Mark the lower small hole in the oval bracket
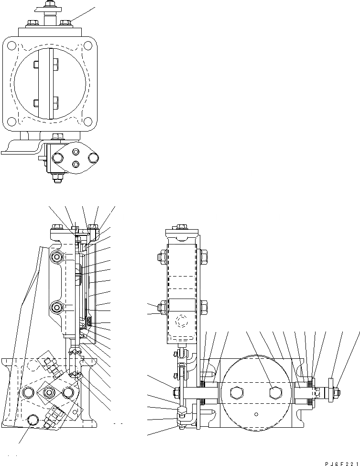point(76,164)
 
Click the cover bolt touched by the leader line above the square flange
point(66,22)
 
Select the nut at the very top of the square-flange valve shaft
point(49,4)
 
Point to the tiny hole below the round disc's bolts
point(256,414)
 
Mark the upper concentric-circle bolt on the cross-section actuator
point(57,257)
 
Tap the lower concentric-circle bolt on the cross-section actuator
point(57,307)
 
